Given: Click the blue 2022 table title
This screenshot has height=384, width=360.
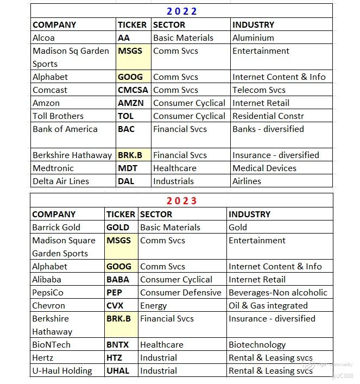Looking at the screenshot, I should (x=181, y=11).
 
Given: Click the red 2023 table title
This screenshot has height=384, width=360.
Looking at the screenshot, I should (x=181, y=200).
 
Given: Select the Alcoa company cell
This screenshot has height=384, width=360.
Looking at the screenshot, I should (x=44, y=38).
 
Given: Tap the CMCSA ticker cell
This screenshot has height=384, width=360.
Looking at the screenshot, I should (x=132, y=90).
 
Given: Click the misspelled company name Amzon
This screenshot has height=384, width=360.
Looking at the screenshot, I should (x=46, y=103).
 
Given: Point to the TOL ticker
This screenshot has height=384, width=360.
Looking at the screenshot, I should (x=125, y=116).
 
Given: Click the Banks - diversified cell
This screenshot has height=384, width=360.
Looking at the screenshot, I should (x=268, y=129).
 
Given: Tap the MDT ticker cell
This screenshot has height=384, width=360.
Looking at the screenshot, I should (x=128, y=168).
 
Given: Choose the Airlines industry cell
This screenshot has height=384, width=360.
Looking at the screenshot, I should (x=247, y=181).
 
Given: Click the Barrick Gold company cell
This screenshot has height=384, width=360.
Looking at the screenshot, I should (x=56, y=228).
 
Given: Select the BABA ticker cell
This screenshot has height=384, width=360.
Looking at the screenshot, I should (x=118, y=280).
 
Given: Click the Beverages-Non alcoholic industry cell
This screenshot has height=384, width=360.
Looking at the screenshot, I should (x=278, y=293).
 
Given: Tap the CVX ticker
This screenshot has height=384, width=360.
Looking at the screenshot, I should (x=115, y=306).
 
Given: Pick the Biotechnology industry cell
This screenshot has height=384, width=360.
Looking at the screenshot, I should (x=257, y=345).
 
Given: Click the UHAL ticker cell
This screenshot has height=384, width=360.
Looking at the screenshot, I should (x=118, y=371).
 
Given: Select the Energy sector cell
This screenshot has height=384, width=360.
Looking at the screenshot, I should (x=154, y=306).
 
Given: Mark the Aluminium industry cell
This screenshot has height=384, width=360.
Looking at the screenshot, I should (x=253, y=38).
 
